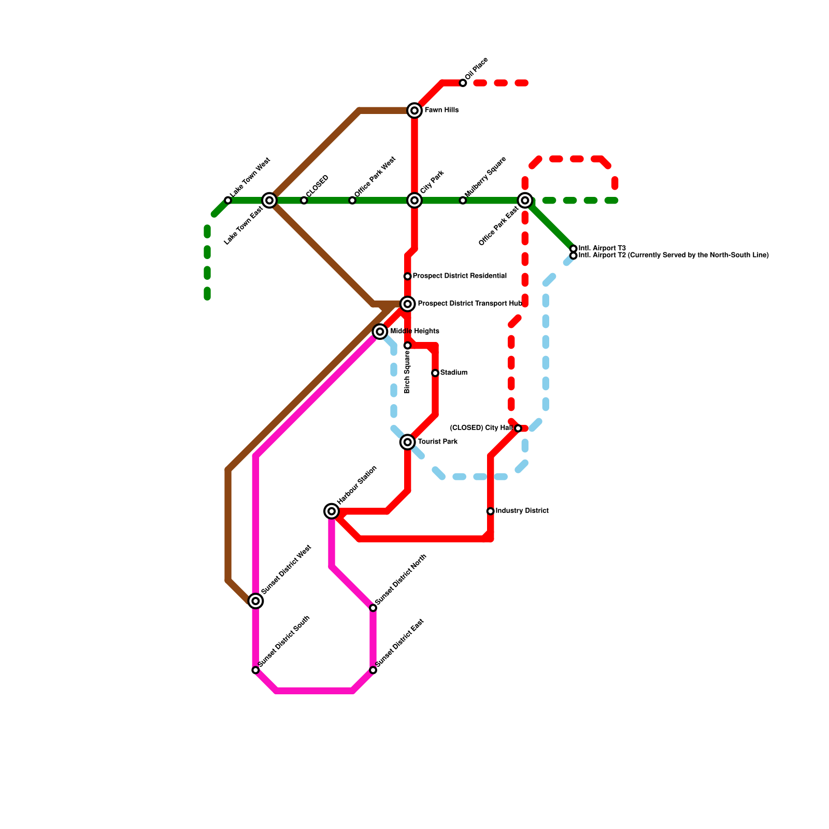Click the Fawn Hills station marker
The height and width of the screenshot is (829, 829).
click(x=414, y=110)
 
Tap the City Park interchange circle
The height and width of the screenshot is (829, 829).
click(x=414, y=201)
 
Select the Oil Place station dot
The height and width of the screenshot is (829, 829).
click(x=463, y=83)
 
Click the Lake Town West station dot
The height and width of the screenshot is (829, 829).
click(x=228, y=201)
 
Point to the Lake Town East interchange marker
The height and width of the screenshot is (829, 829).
click(x=269, y=201)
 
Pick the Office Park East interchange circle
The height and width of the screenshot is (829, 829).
click(x=525, y=201)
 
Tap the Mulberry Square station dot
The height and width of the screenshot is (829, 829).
click(x=463, y=201)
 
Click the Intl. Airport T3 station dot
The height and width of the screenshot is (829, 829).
click(x=573, y=249)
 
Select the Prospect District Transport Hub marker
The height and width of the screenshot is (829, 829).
click(x=408, y=304)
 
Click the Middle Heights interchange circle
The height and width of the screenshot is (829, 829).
click(x=380, y=331)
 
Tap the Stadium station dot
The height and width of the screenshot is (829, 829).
click(x=435, y=373)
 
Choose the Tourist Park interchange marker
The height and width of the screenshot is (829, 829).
click(x=408, y=442)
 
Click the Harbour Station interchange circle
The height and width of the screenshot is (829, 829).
click(x=332, y=511)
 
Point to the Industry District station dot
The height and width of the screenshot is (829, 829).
click(x=490, y=511)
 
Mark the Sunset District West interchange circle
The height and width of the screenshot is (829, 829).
click(x=255, y=601)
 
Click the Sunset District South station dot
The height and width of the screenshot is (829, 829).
click(x=255, y=670)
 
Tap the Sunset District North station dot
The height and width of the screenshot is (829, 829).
click(x=373, y=608)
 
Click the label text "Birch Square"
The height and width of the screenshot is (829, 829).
click(x=408, y=371)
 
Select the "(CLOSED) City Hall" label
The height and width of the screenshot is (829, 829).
click(x=481, y=428)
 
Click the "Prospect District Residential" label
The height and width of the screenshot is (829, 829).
click(x=460, y=276)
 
